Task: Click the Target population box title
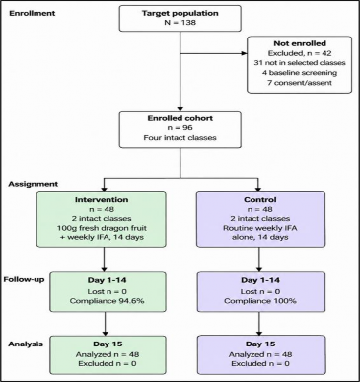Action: point(180,14)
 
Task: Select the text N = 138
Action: point(180,23)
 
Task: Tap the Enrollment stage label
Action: point(33,14)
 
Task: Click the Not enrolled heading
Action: point(300,43)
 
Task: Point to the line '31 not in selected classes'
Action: point(300,63)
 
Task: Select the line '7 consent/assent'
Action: point(300,83)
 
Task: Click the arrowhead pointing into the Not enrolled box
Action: point(245,53)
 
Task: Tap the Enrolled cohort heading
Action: point(180,118)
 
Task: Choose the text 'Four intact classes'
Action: point(180,138)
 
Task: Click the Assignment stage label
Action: point(34,184)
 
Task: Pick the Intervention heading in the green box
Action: point(102,200)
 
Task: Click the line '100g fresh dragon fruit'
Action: point(102,228)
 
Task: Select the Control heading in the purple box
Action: point(260,200)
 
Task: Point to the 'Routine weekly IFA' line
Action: point(260,228)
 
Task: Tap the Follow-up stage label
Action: point(25,280)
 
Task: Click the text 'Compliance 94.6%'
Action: point(108,301)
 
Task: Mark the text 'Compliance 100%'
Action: point(260,301)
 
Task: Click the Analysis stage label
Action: point(26,344)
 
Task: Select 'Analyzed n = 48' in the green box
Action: point(108,354)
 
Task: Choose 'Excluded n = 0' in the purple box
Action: point(260,364)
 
